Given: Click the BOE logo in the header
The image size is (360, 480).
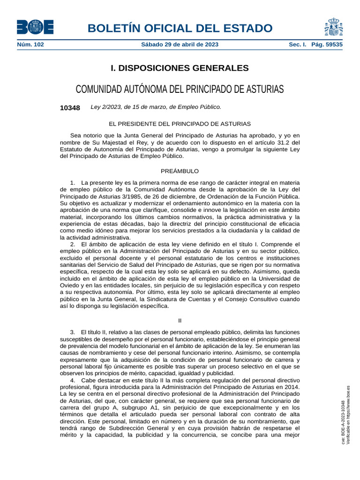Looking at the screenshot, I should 35,27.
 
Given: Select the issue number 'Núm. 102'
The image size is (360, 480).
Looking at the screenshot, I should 30,45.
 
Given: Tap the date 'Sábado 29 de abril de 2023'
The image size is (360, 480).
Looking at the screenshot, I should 180,45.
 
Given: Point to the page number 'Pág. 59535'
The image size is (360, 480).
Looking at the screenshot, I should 327,45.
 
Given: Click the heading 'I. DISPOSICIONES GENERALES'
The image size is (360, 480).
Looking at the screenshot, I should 180,68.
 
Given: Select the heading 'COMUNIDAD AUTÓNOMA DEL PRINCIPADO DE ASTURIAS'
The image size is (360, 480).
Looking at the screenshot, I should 180,89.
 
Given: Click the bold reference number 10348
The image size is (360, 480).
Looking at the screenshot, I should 70,108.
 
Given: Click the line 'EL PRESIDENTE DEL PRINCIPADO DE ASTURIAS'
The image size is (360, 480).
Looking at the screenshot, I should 180,124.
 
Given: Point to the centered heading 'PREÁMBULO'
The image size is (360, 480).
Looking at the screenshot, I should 180,171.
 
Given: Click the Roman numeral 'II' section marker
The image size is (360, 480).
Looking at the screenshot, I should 180,321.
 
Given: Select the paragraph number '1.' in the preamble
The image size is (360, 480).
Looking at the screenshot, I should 73,182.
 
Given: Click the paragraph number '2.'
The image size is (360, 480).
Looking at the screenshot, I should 73,245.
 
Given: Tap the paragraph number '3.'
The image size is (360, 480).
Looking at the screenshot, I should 73,332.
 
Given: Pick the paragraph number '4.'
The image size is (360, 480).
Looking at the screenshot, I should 73,381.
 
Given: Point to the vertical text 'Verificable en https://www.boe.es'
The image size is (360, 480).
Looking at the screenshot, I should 348,415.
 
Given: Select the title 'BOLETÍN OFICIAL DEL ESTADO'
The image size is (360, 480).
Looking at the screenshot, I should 180,28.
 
